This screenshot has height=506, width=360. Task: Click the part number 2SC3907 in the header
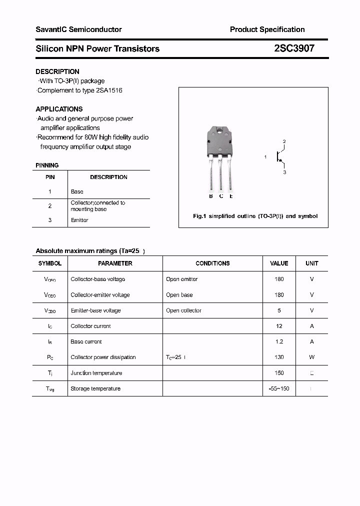[x=294, y=48]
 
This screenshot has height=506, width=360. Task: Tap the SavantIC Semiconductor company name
[x=78, y=29]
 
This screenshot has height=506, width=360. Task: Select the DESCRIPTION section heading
[x=57, y=71]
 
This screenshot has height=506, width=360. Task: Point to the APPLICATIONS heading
[x=59, y=109]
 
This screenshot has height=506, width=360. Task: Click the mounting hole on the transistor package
[x=219, y=132]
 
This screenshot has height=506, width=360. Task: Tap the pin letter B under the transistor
[x=211, y=196]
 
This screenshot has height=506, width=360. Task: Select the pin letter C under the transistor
[x=221, y=196]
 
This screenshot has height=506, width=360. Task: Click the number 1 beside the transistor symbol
[x=265, y=157]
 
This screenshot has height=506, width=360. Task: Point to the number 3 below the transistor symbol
[x=284, y=172]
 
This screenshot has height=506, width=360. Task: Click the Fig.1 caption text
[x=255, y=216]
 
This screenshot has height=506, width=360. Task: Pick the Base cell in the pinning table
[x=77, y=191]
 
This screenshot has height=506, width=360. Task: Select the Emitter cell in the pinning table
[x=79, y=220]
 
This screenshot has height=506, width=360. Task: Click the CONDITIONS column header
[x=212, y=263]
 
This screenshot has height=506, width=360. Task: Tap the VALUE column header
[x=279, y=263]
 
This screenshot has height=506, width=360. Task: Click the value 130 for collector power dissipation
[x=279, y=357]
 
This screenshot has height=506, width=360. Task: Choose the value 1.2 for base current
[x=279, y=341]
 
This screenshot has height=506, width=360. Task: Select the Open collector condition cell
[x=183, y=310]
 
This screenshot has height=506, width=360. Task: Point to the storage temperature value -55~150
[x=279, y=388]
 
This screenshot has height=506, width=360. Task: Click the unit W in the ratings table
[x=311, y=357]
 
